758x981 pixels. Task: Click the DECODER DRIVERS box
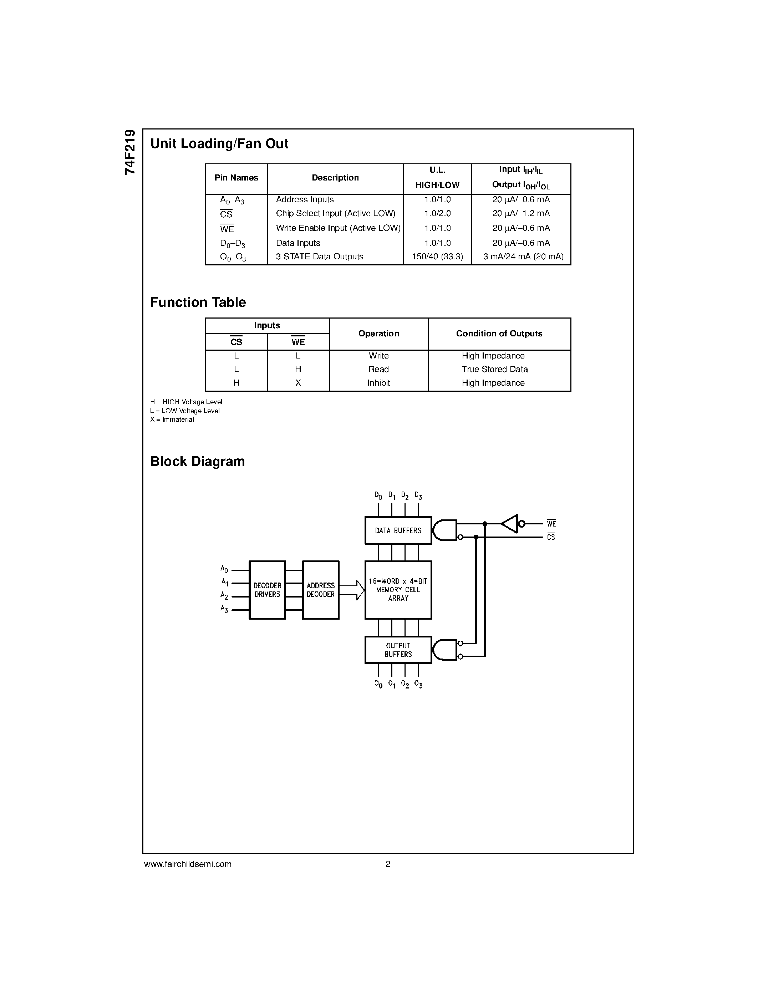tap(267, 590)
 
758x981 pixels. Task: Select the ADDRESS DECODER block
tap(321, 590)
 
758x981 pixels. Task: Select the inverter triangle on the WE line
tap(510, 524)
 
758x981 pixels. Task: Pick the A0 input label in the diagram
tap(224, 569)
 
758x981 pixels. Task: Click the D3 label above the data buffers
tap(418, 495)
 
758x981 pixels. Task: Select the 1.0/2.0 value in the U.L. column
tap(437, 214)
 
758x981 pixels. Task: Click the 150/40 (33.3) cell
tap(437, 257)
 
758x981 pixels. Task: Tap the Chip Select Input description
tap(335, 214)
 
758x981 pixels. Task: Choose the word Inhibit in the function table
tap(378, 383)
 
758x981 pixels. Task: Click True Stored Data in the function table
tap(494, 369)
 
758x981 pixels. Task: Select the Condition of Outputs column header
tap(499, 334)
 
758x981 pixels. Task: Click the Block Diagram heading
tap(198, 462)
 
